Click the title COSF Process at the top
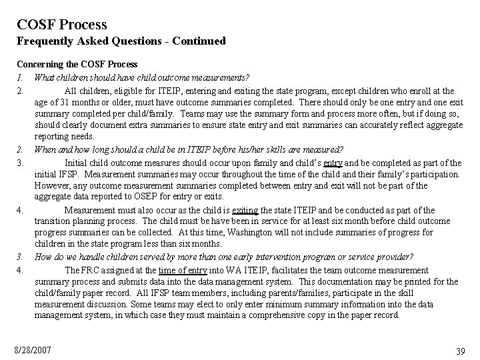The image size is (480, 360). (x=62, y=25)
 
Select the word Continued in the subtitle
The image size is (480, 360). (x=199, y=41)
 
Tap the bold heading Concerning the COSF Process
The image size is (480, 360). (x=77, y=65)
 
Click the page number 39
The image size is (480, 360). (x=460, y=351)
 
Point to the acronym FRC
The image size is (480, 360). (x=93, y=271)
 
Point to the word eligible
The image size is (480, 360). (x=135, y=91)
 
